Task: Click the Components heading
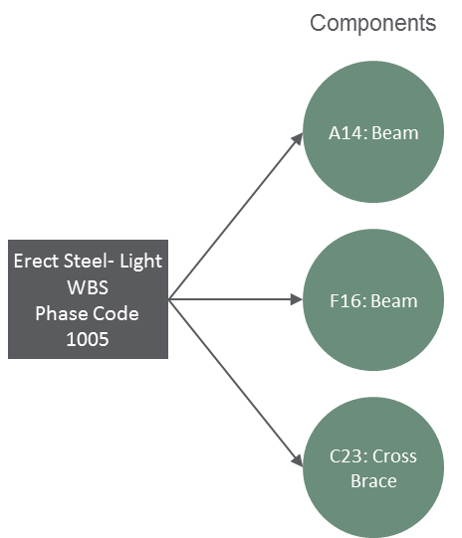tap(373, 23)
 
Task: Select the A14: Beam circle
tap(373, 131)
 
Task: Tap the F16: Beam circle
tap(373, 300)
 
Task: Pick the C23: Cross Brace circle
tap(373, 467)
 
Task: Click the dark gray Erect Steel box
tap(88, 299)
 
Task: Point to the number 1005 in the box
tap(88, 339)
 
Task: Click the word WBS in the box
tap(88, 287)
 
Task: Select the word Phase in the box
tap(61, 313)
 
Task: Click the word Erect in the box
tap(36, 261)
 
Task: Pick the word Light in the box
tap(140, 262)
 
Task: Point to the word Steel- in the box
tap(89, 261)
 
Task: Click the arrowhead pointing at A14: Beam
tap(298, 139)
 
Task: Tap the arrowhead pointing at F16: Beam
tap(297, 299)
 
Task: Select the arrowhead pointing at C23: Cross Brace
tap(298, 460)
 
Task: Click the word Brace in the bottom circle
tap(373, 481)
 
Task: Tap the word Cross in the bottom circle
tap(394, 456)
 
